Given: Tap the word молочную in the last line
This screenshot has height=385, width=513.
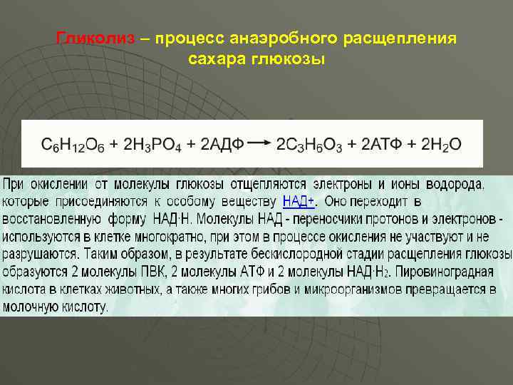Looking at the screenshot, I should click(29, 307).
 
